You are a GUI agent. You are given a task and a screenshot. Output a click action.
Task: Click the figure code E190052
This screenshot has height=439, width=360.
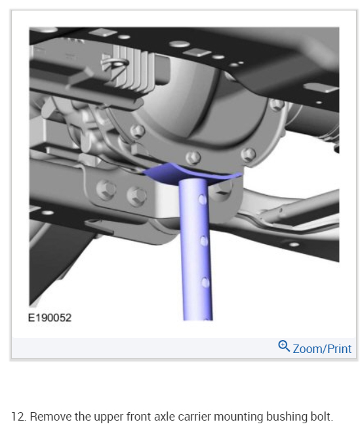[x=50, y=318]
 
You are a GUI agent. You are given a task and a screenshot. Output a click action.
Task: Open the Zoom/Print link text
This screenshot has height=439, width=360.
[x=322, y=349]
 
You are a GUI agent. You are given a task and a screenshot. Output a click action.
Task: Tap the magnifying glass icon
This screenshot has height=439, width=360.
[x=284, y=346]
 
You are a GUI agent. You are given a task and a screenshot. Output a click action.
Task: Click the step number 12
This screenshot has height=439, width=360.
[x=19, y=417]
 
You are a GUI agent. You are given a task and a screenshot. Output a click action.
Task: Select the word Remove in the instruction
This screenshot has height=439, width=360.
[x=51, y=417]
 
